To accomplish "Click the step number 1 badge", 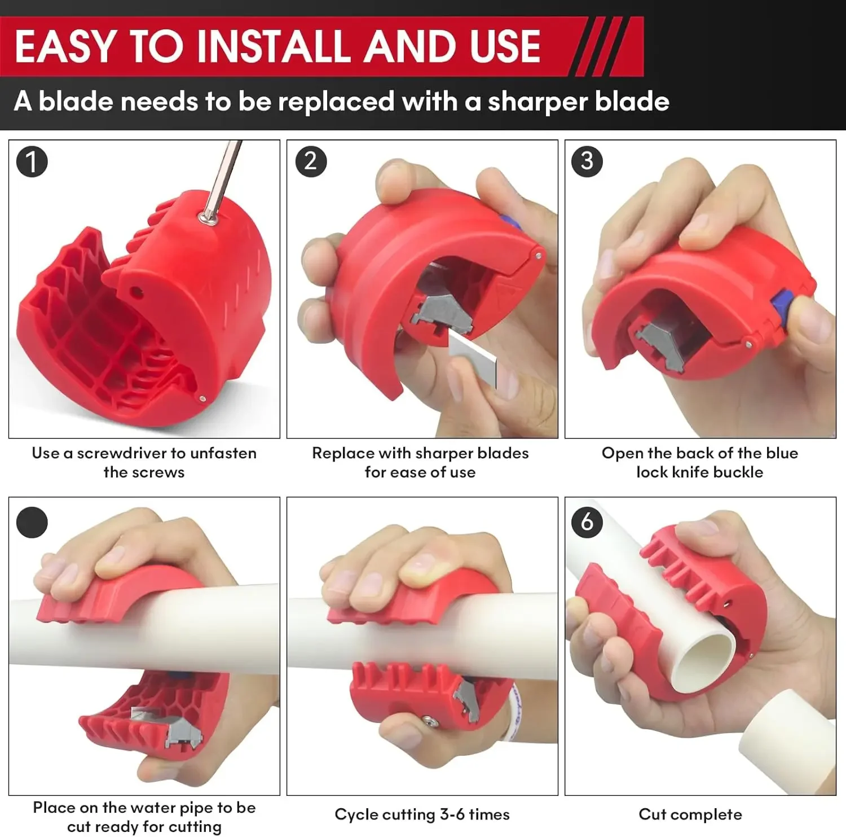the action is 32,161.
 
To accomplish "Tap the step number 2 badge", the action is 311,161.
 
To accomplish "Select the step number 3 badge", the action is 587,161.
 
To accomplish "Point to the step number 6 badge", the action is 587,522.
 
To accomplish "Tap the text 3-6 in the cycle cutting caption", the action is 452,814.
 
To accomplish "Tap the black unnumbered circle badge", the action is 32,522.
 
